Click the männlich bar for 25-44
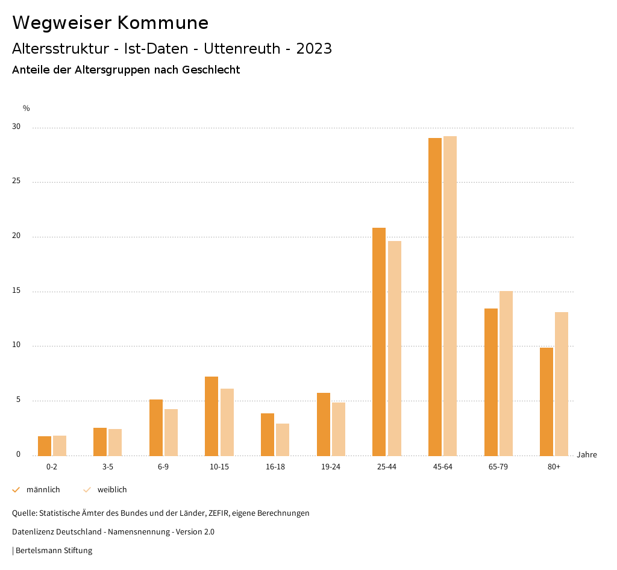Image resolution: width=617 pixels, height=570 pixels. [379, 342]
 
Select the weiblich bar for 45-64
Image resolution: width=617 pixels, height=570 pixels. [450, 296]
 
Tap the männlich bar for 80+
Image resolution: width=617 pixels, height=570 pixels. [547, 401]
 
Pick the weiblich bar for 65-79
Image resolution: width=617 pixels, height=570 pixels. [506, 374]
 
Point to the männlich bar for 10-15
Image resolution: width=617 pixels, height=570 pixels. [211, 416]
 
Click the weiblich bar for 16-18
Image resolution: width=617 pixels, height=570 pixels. [283, 439]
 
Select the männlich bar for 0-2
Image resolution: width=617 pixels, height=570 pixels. [45, 446]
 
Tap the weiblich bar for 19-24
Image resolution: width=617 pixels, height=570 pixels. [339, 429]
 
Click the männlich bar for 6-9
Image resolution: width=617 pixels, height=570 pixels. [156, 427]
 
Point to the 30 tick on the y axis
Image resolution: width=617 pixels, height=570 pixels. [16, 127]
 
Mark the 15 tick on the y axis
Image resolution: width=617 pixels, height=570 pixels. [16, 291]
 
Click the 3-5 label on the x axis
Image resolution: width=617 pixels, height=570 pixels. [107, 467]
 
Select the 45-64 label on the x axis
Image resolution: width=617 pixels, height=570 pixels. [442, 467]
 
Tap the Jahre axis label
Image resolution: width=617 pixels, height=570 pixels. [586, 455]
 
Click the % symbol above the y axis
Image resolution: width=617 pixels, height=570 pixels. [26, 108]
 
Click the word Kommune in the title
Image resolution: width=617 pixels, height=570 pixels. [163, 23]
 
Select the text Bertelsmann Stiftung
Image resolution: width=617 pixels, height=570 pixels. [54, 550]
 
